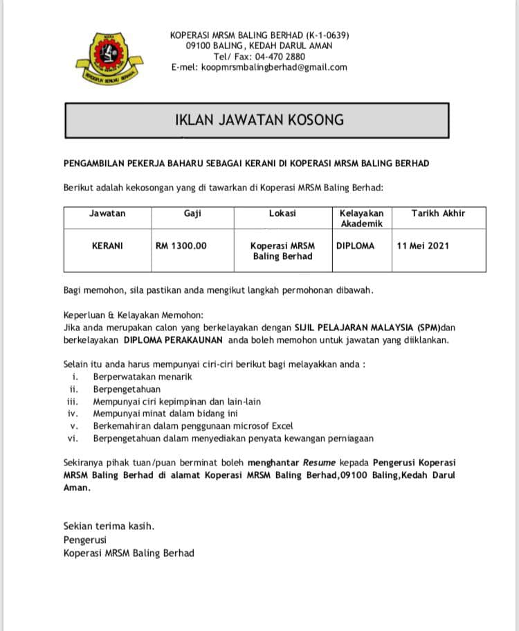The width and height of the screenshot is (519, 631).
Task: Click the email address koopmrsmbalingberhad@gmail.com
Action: (x=273, y=68)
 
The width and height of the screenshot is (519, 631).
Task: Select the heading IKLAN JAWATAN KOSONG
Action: (x=259, y=120)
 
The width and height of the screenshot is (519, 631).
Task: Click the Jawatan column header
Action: (x=107, y=213)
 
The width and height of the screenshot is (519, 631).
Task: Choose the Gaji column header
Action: (x=192, y=213)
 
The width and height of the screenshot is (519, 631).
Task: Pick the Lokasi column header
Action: (x=282, y=213)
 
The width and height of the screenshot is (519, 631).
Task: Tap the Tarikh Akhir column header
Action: (x=438, y=213)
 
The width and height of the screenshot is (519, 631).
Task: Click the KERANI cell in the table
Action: (x=107, y=245)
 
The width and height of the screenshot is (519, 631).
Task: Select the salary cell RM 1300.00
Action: (x=181, y=245)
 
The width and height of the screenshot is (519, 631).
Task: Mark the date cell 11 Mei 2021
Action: (x=424, y=245)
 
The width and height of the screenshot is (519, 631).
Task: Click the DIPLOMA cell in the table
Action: (x=355, y=245)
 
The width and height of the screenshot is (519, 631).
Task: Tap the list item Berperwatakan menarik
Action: (x=143, y=377)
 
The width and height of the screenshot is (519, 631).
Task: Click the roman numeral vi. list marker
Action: (x=72, y=438)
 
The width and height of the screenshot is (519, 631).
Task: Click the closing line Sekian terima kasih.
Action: (x=109, y=526)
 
